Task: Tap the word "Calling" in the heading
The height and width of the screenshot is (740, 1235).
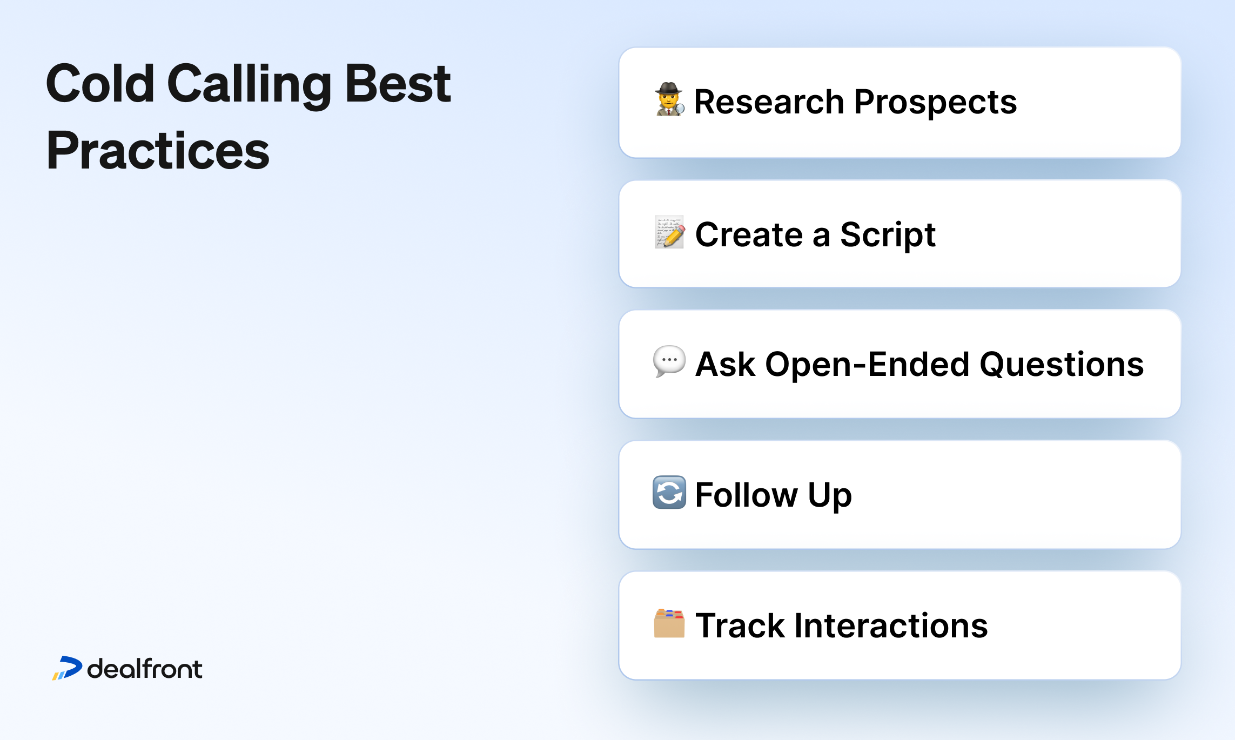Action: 249,85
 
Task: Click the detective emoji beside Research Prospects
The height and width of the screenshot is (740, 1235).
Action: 669,99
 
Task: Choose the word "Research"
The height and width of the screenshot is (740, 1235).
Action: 769,102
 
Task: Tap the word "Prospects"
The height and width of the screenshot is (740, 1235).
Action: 935,103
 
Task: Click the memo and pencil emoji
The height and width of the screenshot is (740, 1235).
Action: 670,232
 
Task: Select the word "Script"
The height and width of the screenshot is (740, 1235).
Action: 888,236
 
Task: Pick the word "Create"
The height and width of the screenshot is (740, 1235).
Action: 749,234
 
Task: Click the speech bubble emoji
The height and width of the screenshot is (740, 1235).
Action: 669,361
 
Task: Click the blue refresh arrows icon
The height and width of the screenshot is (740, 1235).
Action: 669,493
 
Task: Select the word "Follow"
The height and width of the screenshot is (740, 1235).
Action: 746,495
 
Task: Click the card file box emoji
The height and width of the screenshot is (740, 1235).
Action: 669,623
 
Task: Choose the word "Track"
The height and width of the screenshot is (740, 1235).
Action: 740,625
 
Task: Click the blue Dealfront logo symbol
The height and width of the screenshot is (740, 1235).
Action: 68,668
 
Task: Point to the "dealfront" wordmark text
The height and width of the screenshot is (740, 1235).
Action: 145,669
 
